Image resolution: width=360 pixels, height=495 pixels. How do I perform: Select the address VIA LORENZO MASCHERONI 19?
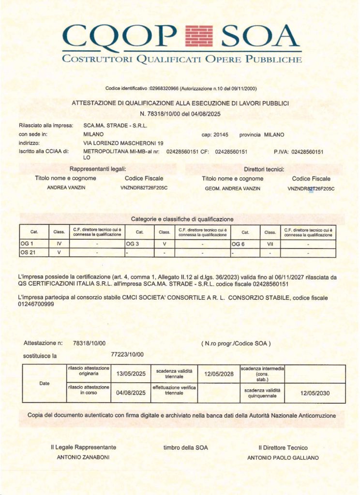[123, 143]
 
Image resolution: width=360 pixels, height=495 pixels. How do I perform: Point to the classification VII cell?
[270, 244]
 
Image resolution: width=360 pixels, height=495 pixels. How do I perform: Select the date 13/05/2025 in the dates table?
[131, 374]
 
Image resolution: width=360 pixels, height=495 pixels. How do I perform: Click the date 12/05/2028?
[219, 374]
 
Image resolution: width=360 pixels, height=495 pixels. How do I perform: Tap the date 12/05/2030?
[315, 393]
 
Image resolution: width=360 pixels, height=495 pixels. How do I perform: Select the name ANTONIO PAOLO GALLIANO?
[283, 457]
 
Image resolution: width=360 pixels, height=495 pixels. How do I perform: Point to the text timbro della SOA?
[185, 448]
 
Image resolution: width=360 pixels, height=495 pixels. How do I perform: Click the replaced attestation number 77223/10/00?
[127, 354]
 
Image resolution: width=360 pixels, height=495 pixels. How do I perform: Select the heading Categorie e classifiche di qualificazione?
[182, 219]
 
